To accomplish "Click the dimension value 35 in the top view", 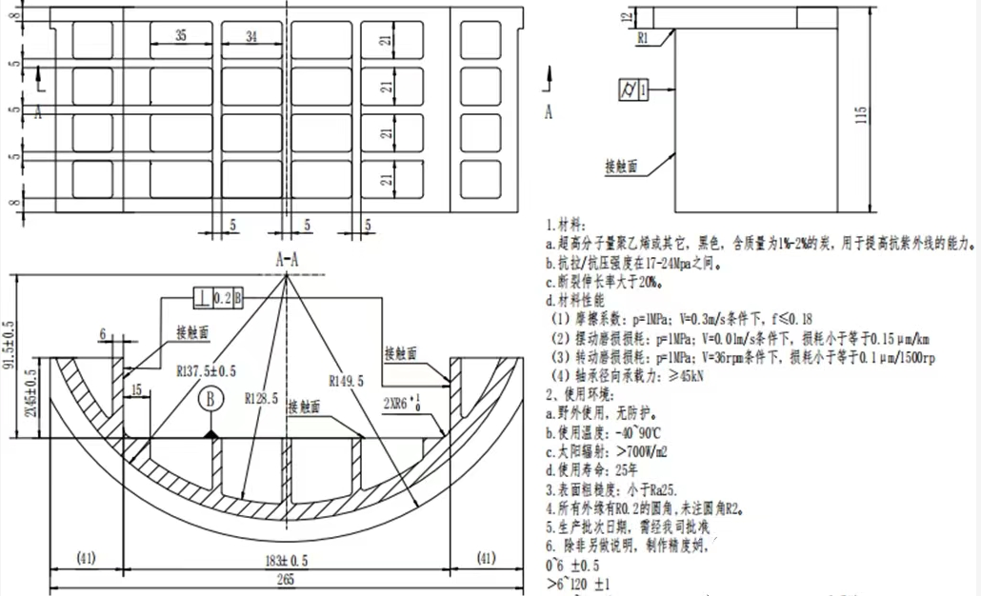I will [x=180, y=36].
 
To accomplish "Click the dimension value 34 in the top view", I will [x=251, y=36].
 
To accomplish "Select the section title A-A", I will [x=288, y=259].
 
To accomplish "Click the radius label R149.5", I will [x=345, y=382].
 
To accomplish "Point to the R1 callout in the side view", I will [x=644, y=38].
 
